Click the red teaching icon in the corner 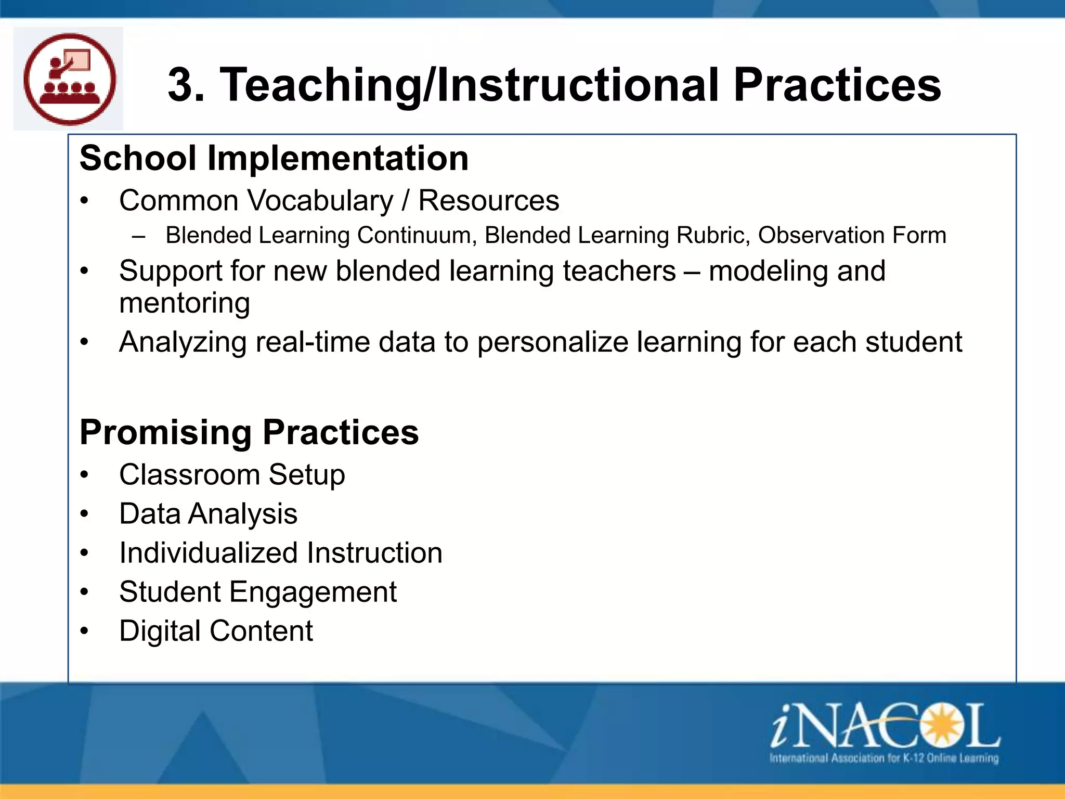[69, 79]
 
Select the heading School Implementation [274, 158]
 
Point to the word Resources [488, 201]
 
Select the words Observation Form [851, 235]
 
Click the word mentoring [185, 303]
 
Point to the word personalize [553, 342]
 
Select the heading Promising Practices [249, 432]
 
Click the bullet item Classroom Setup [232, 475]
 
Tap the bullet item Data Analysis [208, 514]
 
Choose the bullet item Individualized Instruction [281, 553]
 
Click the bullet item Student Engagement [258, 592]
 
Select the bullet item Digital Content [216, 631]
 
